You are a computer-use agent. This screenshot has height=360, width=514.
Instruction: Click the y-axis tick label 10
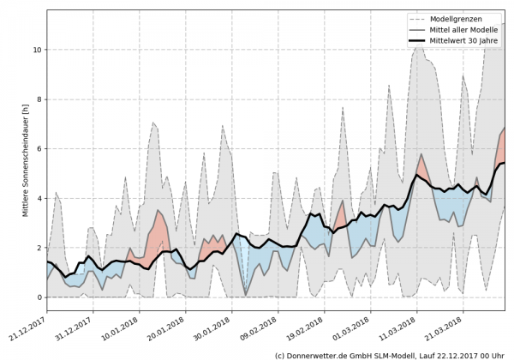click(37, 50)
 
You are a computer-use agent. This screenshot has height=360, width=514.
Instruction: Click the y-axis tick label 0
click(39, 297)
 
